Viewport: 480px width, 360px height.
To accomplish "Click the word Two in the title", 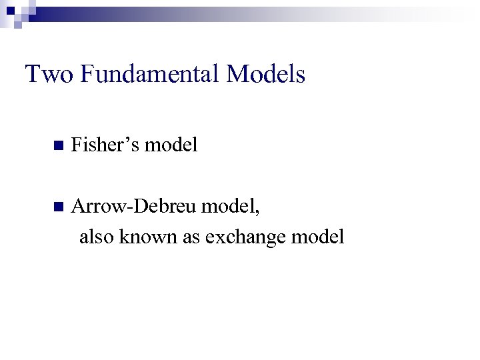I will tap(49, 74).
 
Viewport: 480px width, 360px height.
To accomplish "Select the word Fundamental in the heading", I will tap(150, 74).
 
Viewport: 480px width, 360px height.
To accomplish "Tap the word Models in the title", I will tap(265, 74).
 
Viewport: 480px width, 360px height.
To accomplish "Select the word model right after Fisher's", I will tap(171, 145).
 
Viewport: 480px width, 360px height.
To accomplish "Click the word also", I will tap(97, 236).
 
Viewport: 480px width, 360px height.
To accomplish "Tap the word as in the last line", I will tap(192, 236).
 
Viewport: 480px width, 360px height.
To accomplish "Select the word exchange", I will tap(245, 237).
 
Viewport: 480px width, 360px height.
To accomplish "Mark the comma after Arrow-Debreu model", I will tap(258, 213).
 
